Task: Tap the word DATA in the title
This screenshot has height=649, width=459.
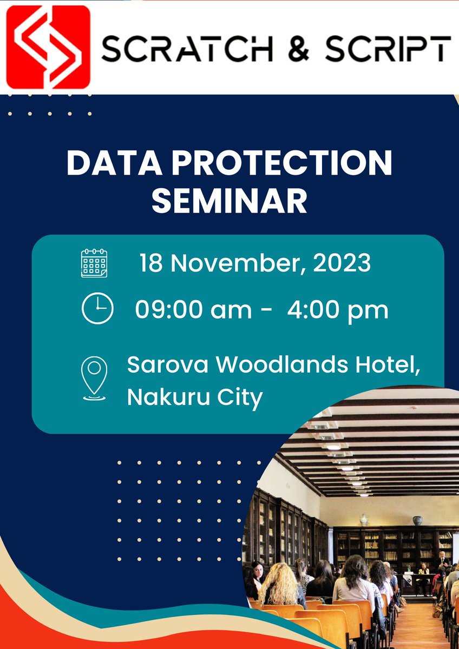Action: click(113, 163)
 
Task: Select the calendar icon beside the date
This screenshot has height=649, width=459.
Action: click(94, 263)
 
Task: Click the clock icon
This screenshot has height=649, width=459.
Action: click(97, 309)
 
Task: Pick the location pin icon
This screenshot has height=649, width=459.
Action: click(94, 378)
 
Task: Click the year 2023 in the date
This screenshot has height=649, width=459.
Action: click(342, 263)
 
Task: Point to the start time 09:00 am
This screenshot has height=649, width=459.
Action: click(193, 310)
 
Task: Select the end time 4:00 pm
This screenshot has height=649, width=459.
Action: click(337, 310)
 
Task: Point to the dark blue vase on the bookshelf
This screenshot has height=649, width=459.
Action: click(417, 520)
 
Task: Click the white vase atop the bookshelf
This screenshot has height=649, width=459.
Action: click(364, 520)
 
